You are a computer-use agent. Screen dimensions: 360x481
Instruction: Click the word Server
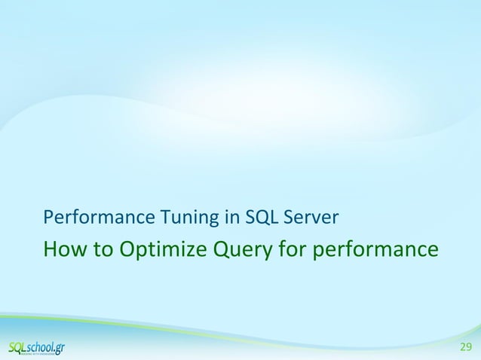click(x=310, y=218)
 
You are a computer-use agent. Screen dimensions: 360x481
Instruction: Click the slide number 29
click(x=466, y=347)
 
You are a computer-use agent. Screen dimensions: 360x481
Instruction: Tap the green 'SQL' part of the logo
click(x=19, y=346)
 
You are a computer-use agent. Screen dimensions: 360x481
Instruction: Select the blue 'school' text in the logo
click(x=44, y=346)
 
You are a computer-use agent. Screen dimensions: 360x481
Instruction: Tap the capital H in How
click(x=51, y=248)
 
